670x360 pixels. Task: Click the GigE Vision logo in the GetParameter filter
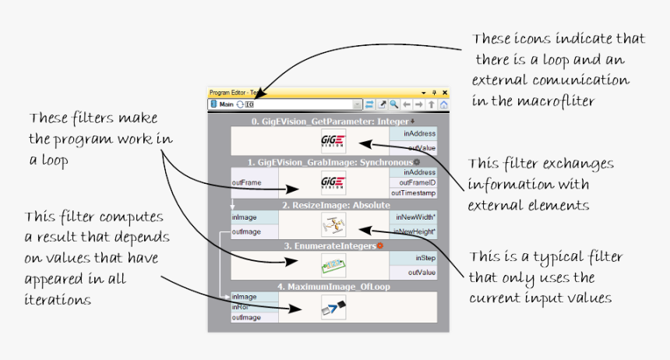333,141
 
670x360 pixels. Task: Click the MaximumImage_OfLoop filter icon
333,309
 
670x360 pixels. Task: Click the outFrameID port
413,182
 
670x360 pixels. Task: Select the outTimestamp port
413,192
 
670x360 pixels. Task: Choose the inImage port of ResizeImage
245,217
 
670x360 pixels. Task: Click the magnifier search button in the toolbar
394,104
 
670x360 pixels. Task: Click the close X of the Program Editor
444,92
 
